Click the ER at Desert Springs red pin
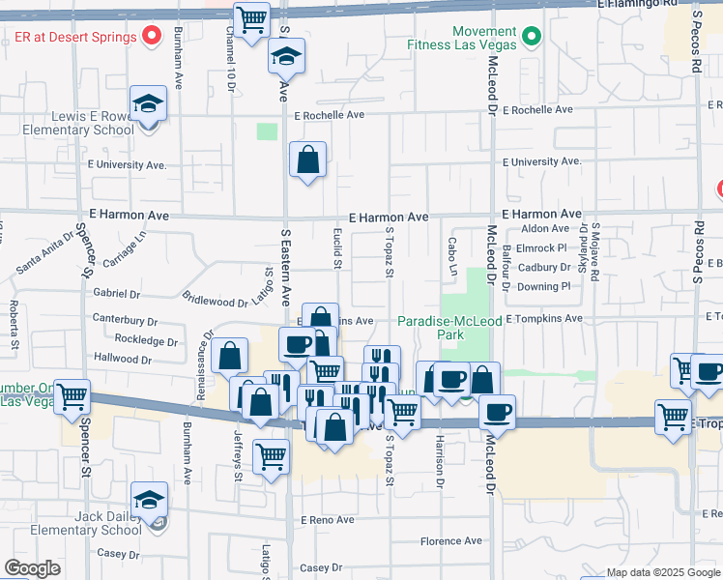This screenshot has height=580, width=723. [x=152, y=38]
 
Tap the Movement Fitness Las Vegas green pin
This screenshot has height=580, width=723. [x=530, y=38]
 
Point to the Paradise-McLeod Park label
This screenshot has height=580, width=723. [x=444, y=328]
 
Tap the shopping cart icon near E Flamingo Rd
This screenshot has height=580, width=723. [x=251, y=19]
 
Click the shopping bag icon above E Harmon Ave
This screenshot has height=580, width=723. [x=307, y=159]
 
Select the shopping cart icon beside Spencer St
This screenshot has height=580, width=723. [x=72, y=396]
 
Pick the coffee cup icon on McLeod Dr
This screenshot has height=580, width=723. [x=497, y=412]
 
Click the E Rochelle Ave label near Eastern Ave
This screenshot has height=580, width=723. [x=331, y=115]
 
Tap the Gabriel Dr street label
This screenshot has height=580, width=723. [x=117, y=293]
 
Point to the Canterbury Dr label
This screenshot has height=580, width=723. [x=125, y=319]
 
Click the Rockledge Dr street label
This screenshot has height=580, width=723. [x=146, y=341]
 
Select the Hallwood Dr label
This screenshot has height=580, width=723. [x=123, y=359]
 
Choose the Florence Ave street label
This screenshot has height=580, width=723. [x=449, y=541]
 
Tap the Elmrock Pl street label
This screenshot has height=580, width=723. [x=546, y=247]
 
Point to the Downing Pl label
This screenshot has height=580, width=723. [x=544, y=286]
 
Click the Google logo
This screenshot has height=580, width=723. [x=32, y=568]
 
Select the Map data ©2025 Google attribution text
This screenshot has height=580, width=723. [x=663, y=573]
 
